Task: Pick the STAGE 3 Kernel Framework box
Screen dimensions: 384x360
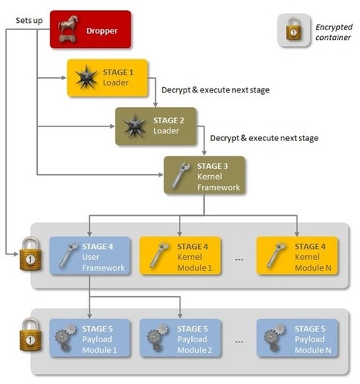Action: tap(204, 173)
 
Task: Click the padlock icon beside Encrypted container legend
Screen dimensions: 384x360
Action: tap(294, 32)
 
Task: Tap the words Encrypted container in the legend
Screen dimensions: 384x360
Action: tap(332, 32)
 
